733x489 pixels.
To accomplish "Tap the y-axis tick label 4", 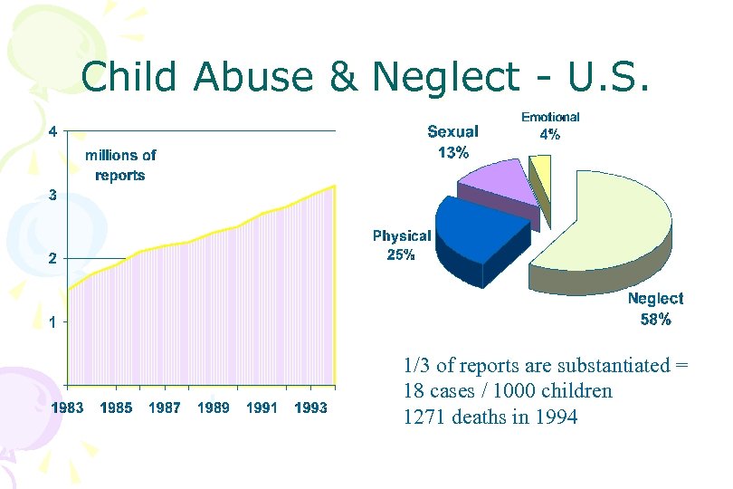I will [53, 130].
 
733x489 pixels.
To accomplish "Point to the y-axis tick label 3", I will [53, 195].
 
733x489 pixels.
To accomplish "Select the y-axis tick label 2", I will [53, 258].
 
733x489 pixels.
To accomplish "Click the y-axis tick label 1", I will [53, 321].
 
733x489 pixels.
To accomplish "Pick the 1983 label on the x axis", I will [67, 408].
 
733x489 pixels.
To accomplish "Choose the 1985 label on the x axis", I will [116, 408].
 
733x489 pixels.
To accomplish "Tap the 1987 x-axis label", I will [165, 408].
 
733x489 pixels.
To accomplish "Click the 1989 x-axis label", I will [214, 408].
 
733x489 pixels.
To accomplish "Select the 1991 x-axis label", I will [262, 408].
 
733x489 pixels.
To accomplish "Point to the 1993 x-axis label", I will [311, 408].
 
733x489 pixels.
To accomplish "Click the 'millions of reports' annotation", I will [120, 165].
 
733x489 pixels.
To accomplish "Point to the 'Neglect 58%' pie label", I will [656, 308].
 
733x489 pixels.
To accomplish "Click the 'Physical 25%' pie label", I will [401, 245].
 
